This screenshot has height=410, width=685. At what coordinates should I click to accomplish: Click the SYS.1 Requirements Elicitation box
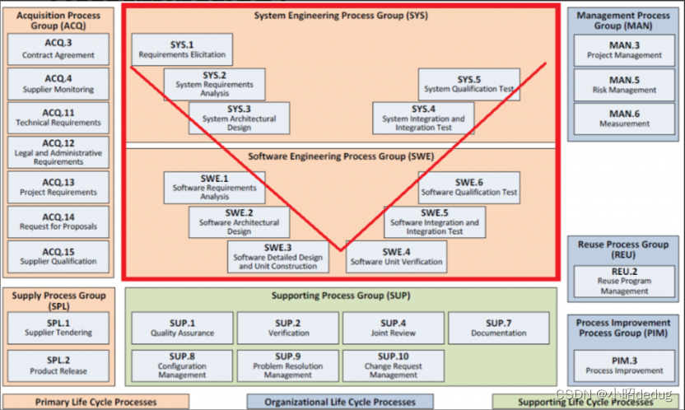tap(181, 49)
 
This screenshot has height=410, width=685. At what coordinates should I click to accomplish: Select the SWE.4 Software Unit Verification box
tap(396, 256)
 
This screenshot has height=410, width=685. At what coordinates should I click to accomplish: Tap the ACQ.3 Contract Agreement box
tap(58, 49)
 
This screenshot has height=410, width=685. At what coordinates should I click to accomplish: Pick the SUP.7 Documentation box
tap(499, 328)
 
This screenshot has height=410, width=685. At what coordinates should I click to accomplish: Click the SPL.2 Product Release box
tap(58, 365)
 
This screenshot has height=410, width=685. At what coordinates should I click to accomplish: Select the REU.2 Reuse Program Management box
tap(624, 280)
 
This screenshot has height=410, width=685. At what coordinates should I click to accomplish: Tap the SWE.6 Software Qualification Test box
tap(469, 187)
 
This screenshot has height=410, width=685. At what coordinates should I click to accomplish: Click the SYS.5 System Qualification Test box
tap(469, 83)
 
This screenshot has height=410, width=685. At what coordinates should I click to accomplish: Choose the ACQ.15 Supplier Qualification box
tap(58, 256)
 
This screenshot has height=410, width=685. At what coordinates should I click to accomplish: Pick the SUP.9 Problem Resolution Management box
tap(288, 365)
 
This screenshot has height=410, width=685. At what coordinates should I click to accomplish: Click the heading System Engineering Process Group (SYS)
tap(341, 16)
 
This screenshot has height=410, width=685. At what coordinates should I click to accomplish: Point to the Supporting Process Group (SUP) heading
tap(341, 295)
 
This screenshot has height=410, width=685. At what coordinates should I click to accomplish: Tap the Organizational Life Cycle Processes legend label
tap(340, 403)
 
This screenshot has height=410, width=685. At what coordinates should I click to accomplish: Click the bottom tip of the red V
tap(340, 249)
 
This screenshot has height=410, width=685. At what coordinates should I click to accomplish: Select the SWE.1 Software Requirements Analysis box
tap(215, 187)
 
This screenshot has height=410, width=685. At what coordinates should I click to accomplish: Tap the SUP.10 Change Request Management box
tap(394, 365)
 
